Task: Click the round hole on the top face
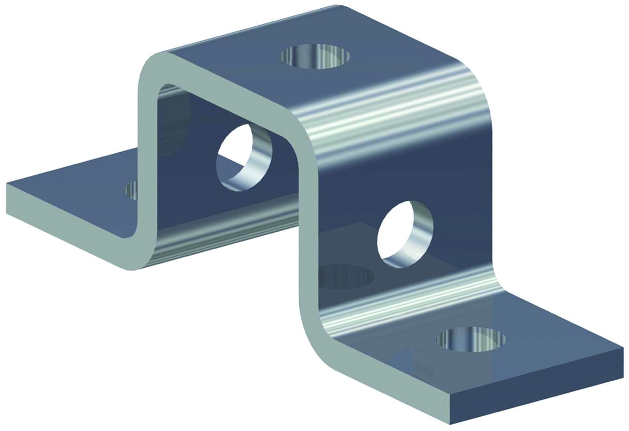tap(315, 57)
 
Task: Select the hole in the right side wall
tap(405, 234)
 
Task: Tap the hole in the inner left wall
tap(244, 157)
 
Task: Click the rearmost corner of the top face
tap(341, 7)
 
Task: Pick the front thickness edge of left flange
tap(66, 225)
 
